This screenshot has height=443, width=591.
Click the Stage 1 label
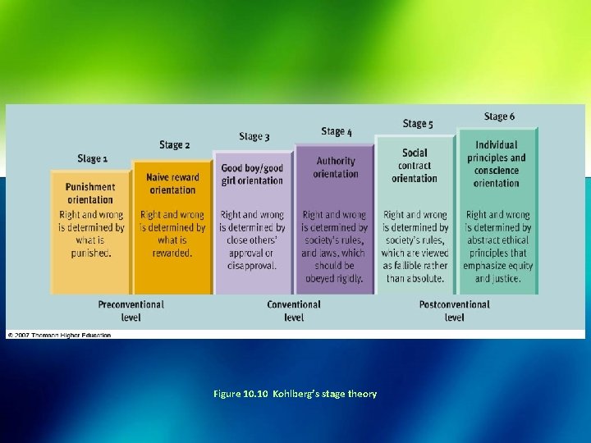(93, 158)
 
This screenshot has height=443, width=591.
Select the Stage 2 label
(174, 145)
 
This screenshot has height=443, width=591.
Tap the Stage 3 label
(254, 136)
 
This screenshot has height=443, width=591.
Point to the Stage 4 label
(337, 131)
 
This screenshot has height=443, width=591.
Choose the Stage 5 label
(418, 124)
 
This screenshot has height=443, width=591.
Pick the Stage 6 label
(499, 116)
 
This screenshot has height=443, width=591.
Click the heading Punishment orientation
(90, 193)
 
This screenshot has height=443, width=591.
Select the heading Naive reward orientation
(172, 184)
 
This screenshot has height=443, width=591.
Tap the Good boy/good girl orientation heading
(252, 175)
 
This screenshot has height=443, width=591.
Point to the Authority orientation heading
(336, 167)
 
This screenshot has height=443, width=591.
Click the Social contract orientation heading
(415, 166)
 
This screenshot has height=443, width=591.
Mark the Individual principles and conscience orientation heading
(497, 164)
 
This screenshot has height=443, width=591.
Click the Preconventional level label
(131, 310)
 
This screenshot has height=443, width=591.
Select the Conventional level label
(294, 310)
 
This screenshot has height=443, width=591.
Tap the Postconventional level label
(454, 310)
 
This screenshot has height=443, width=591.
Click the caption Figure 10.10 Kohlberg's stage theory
(295, 394)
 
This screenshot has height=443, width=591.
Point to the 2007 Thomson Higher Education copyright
(59, 335)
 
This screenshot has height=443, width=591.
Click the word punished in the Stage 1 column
(92, 253)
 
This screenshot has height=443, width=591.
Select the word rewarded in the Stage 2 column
(172, 253)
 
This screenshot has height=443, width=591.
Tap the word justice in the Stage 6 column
(504, 279)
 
